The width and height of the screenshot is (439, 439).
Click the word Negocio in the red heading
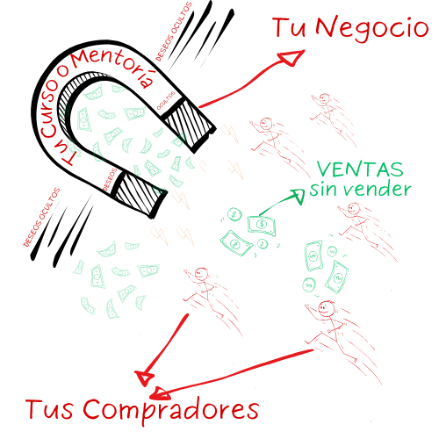(x=372, y=29)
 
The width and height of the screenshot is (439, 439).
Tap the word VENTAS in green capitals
(x=360, y=169)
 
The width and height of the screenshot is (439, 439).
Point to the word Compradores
(x=170, y=410)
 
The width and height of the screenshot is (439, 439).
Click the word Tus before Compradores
(x=48, y=409)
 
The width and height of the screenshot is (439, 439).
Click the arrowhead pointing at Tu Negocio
(x=291, y=57)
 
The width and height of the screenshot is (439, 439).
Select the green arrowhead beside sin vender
(x=298, y=196)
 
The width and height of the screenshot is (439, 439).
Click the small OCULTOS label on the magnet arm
(x=166, y=100)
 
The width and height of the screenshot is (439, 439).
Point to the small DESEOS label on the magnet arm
(x=110, y=179)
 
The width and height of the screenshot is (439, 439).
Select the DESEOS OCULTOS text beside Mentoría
(x=173, y=32)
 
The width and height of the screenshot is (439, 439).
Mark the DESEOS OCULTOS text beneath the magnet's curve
(x=41, y=217)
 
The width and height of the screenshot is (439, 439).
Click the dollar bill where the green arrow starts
(x=262, y=226)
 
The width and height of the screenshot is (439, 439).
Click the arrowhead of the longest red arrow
(x=160, y=394)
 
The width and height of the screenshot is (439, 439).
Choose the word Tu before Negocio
(x=289, y=27)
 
